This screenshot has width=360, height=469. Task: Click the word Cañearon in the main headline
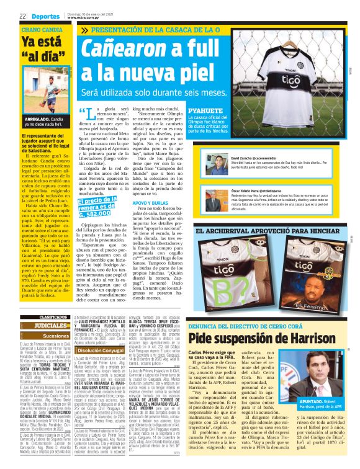(122, 49)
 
